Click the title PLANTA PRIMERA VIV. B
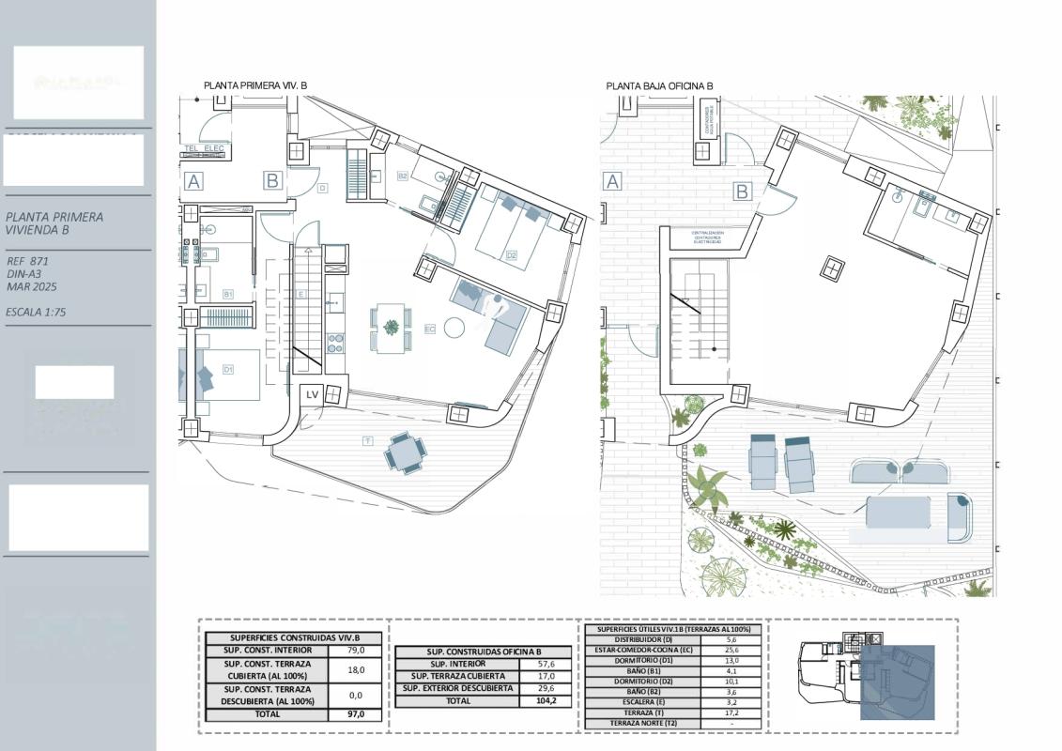(x=255, y=85)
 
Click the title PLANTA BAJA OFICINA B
(x=659, y=85)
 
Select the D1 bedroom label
(x=228, y=370)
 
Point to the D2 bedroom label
(x=512, y=254)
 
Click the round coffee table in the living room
(x=454, y=328)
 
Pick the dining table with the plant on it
(x=391, y=328)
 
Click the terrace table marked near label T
(x=404, y=453)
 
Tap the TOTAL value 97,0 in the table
(x=357, y=714)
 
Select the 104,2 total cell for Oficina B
(x=545, y=700)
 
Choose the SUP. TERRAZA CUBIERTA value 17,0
(x=545, y=676)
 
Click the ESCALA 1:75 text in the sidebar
(x=36, y=312)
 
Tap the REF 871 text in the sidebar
(x=27, y=261)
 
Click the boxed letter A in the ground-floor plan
(x=613, y=181)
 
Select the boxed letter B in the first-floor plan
(x=272, y=180)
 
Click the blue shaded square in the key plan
(x=897, y=682)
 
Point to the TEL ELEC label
(x=204, y=148)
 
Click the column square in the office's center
(x=831, y=269)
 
